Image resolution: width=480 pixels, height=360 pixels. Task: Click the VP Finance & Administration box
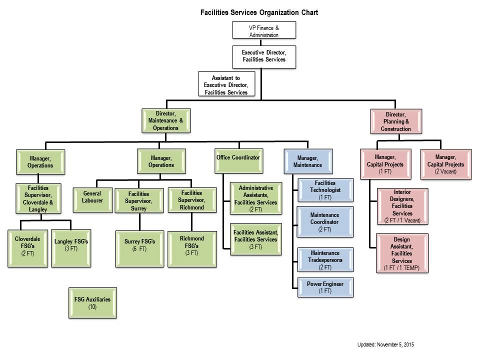263,31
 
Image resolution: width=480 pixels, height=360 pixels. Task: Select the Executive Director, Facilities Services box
263,56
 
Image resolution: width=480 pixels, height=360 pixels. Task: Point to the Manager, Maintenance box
307,161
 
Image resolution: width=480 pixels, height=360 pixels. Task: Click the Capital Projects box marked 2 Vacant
445,163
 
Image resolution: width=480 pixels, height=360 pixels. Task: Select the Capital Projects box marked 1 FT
384,163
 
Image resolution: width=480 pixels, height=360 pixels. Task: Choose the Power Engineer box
325,287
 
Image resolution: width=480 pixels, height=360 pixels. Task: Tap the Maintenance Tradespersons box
325,260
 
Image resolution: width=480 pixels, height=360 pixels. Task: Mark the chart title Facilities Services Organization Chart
258,11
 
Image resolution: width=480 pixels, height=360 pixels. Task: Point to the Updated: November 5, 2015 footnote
385,344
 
